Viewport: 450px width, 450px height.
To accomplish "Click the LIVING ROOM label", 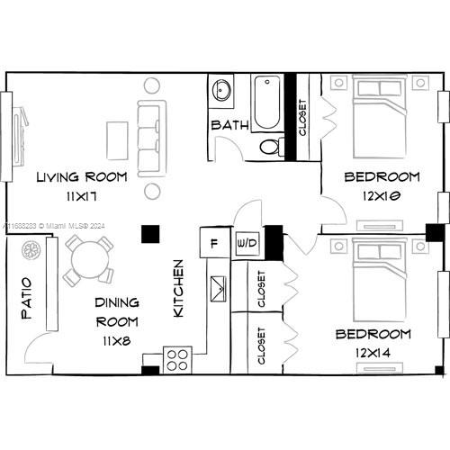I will pos(81,176).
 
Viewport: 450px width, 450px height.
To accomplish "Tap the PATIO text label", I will pos(25,298).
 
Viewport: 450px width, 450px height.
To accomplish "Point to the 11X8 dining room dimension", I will pos(117,339).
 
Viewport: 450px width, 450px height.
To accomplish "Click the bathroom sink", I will pos(221,91).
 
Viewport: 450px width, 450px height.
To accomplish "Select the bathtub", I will pos(267,103).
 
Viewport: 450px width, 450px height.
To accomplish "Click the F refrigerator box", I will pos(212,243).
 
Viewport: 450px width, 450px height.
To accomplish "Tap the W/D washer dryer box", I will pos(246,243).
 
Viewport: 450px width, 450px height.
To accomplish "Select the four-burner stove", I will pos(177,358).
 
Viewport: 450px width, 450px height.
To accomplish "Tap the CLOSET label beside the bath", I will pos(302,118).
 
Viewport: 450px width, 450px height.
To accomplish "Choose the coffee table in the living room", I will pos(118,139).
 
